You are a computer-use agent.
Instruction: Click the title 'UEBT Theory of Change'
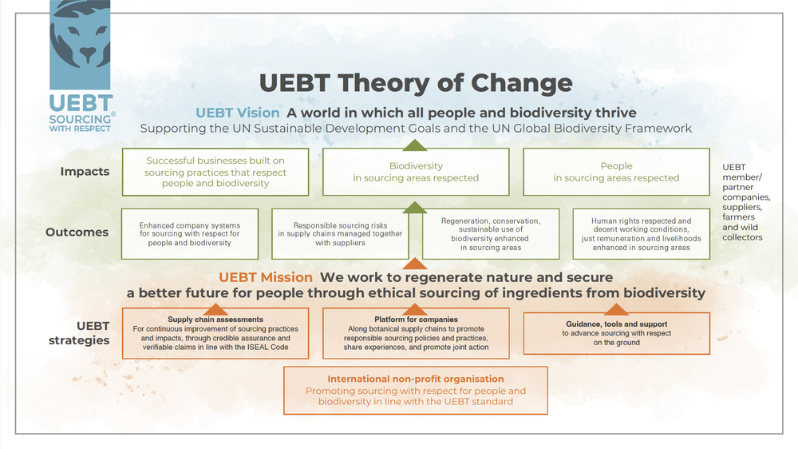[x=416, y=83]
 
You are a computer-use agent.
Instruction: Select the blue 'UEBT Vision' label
[x=238, y=113]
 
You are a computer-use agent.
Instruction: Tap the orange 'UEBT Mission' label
[x=266, y=277]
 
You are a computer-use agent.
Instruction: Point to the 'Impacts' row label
[x=85, y=172]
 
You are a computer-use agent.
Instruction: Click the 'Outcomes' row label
[x=77, y=232]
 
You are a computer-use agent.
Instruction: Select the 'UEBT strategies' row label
[x=79, y=333]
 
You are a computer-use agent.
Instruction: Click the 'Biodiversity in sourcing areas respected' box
[x=416, y=172]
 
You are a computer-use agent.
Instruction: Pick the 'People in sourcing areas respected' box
[x=616, y=172]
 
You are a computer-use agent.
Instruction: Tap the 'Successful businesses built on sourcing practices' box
[x=215, y=172]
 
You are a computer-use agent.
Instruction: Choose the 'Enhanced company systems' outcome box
[x=190, y=234]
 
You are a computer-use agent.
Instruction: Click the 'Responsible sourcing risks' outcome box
[x=340, y=234]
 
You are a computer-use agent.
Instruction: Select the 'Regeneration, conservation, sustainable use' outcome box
[x=491, y=234]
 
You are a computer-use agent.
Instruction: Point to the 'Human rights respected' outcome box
[x=642, y=234]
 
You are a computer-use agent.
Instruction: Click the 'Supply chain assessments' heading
[x=215, y=320]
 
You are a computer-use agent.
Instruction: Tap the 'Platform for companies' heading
[x=416, y=320]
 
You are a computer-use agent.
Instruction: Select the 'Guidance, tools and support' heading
[x=616, y=324]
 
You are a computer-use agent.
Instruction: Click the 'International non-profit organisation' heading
[x=416, y=379]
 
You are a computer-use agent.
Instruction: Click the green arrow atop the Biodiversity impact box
[x=415, y=145]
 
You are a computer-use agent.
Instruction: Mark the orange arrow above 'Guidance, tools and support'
[x=616, y=309]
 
